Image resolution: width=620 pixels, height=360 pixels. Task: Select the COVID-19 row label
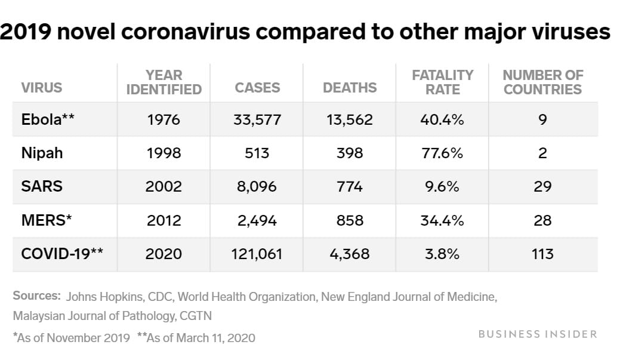(x=62, y=254)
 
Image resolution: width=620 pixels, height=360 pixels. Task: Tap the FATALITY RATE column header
(x=443, y=82)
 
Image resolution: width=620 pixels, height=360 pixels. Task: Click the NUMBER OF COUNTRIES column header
(x=542, y=82)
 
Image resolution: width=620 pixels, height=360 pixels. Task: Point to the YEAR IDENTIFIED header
(x=164, y=82)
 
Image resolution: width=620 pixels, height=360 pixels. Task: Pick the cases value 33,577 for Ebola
(x=257, y=119)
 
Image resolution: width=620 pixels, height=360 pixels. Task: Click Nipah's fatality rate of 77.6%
(x=442, y=153)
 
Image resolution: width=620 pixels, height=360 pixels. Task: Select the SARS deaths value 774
(x=350, y=186)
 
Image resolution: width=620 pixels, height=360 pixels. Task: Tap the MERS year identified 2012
(x=164, y=220)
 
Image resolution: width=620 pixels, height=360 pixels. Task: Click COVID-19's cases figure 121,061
(x=257, y=254)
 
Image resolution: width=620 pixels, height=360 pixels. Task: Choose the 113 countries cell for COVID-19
(x=542, y=254)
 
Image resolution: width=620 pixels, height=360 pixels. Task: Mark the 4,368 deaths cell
(x=350, y=254)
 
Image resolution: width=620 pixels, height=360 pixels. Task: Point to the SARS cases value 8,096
(x=257, y=186)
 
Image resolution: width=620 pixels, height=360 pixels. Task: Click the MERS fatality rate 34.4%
(x=442, y=220)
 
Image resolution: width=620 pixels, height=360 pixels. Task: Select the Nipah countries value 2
(x=542, y=153)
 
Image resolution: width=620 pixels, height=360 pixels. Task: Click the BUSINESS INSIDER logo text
(x=538, y=334)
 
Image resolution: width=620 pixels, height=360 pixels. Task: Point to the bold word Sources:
(x=36, y=296)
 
